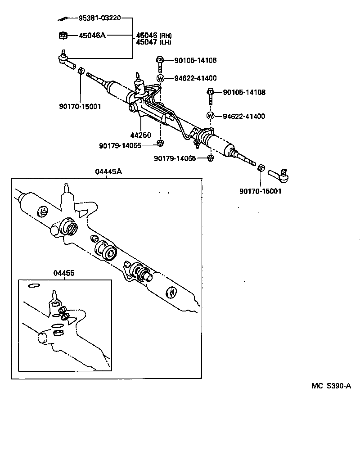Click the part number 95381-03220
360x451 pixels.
tap(99, 18)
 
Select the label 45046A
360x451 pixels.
tap(92, 35)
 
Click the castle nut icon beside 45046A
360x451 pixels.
tap(63, 35)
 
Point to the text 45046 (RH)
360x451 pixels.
tap(153, 35)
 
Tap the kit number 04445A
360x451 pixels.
tap(108, 171)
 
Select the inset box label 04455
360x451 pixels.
tap(64, 273)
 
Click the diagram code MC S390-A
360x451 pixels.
tap(331, 386)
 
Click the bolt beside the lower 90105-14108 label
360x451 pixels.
tap(211, 93)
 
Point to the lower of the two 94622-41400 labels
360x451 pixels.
tap(244, 116)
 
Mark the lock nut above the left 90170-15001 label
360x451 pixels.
tap(81, 71)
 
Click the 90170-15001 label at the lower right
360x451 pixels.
tap(261, 191)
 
